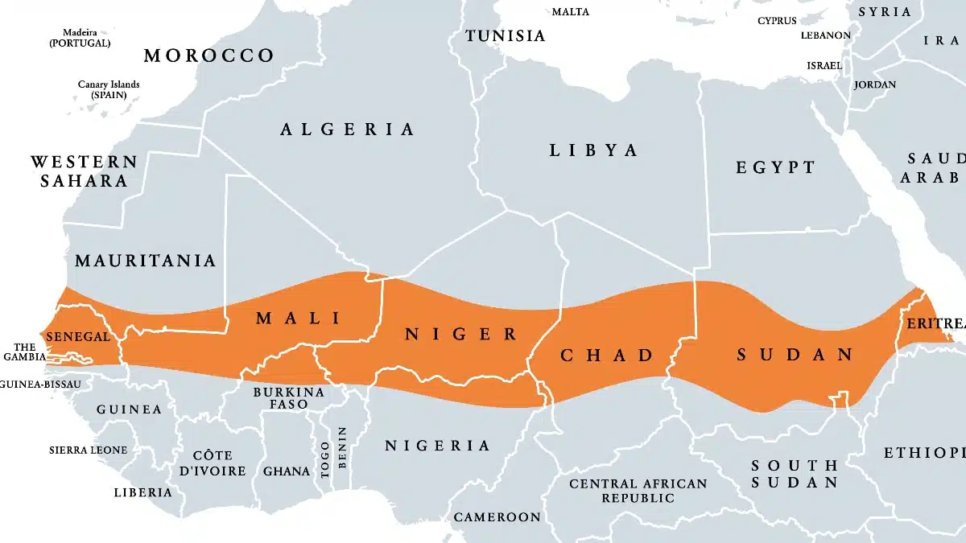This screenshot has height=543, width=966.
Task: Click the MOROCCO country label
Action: click(x=208, y=56)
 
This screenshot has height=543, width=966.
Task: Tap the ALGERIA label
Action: click(x=348, y=129)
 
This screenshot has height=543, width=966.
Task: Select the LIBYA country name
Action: click(x=593, y=150)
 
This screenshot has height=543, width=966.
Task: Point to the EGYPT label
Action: click(x=775, y=167)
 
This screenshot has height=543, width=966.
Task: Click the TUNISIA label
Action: click(x=506, y=35)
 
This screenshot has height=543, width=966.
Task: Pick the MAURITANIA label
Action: click(x=145, y=260)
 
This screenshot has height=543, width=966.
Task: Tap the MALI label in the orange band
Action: click(x=298, y=318)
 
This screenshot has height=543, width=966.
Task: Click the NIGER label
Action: click(x=460, y=334)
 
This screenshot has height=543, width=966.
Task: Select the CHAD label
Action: click(x=606, y=355)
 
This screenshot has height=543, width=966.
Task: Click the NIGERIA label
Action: click(x=437, y=445)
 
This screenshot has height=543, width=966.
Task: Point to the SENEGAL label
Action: click(x=78, y=336)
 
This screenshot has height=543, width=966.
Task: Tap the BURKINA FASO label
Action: click(x=288, y=397)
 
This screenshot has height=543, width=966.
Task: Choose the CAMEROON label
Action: click(x=497, y=516)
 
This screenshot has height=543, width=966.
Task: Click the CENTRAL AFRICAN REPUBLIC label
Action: click(x=638, y=491)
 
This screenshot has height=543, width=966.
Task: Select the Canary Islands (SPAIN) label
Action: click(x=109, y=89)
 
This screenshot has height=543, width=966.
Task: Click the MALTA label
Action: click(x=570, y=11)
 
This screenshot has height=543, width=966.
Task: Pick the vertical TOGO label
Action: click(x=325, y=459)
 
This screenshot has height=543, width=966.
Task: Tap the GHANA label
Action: click(x=286, y=471)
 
